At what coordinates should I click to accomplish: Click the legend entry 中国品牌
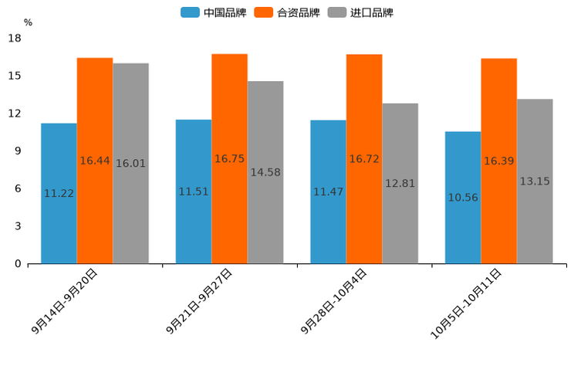213,12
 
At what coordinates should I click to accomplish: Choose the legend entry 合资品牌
287,12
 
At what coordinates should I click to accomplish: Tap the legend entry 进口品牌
361,12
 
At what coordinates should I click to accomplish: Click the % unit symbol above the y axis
28,22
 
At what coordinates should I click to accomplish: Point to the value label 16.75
229,158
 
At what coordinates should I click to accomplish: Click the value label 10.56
463,198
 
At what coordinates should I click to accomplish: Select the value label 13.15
535,181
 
